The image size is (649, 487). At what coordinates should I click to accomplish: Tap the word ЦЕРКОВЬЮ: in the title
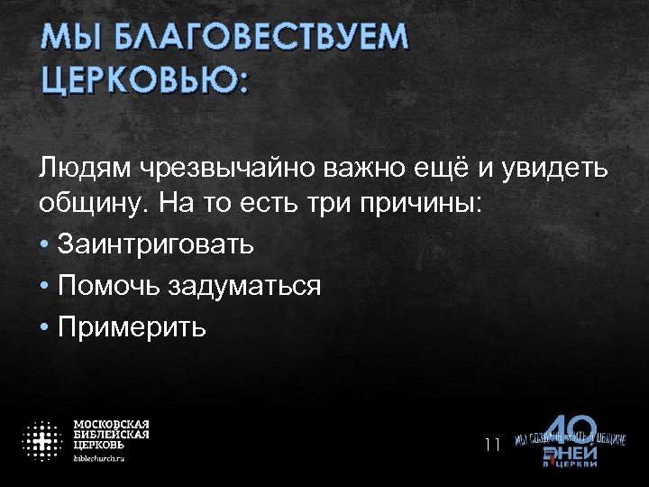[x=145, y=80]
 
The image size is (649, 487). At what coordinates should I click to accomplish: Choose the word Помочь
[x=107, y=286]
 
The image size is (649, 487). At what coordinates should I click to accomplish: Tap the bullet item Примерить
[x=132, y=326]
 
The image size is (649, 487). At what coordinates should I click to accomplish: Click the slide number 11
[x=492, y=444]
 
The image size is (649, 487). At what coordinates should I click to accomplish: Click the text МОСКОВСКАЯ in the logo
[x=111, y=425]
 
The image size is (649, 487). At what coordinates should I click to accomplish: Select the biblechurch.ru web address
[x=99, y=458]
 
